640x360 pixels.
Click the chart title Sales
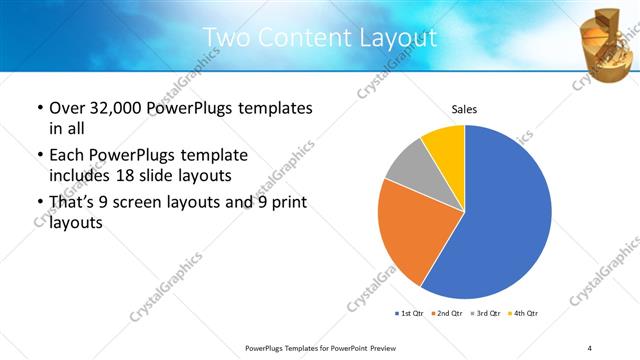464,108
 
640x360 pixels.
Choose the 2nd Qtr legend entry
445,314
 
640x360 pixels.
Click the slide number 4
590,347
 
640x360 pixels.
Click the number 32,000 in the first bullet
119,108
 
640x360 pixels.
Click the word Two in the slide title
223,38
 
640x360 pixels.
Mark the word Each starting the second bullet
66,155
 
